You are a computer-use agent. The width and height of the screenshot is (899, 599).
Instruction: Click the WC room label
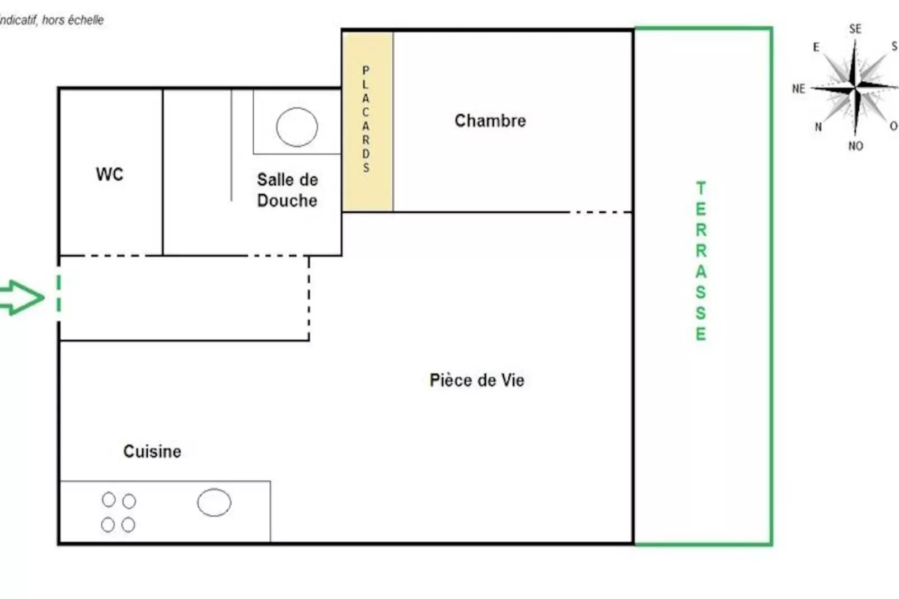click(109, 174)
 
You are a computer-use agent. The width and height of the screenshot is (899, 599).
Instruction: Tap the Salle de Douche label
click(287, 190)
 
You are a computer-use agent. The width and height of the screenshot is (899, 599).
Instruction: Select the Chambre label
click(490, 120)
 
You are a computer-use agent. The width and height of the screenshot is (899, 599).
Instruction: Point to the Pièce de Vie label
click(477, 380)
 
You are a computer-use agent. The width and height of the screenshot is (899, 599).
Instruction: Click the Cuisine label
click(152, 451)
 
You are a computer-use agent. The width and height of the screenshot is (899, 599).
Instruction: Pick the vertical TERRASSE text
click(700, 261)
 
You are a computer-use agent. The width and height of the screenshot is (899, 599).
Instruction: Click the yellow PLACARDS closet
click(367, 120)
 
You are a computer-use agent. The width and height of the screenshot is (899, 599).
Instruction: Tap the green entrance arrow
click(21, 297)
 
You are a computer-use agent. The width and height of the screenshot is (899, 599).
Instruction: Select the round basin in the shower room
click(297, 127)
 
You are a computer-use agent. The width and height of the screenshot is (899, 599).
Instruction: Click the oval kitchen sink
click(214, 502)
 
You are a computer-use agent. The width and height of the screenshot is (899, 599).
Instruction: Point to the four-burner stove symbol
click(119, 512)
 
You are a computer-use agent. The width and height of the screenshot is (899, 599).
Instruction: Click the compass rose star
click(855, 88)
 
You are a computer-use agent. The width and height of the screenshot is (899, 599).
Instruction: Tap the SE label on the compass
click(855, 29)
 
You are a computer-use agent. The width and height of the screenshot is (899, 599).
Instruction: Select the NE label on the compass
click(798, 88)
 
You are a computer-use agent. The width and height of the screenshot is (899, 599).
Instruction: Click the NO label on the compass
click(855, 146)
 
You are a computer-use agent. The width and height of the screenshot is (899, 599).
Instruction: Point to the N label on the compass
click(818, 127)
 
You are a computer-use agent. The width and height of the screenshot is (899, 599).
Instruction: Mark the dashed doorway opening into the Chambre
click(601, 212)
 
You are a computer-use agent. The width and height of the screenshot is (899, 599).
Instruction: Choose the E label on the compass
click(816, 48)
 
